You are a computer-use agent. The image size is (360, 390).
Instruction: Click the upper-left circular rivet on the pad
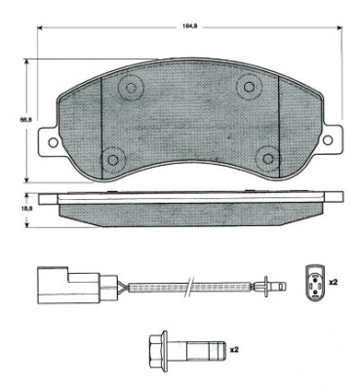tap(129, 89)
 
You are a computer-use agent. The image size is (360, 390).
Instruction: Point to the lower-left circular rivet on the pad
tap(114, 157)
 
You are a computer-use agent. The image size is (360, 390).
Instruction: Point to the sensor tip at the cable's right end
tap(274, 286)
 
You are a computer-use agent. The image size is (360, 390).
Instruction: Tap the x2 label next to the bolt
tap(235, 348)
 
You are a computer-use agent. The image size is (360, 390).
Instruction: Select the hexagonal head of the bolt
tap(156, 348)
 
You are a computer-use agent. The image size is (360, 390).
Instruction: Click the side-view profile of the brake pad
tap(190, 207)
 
